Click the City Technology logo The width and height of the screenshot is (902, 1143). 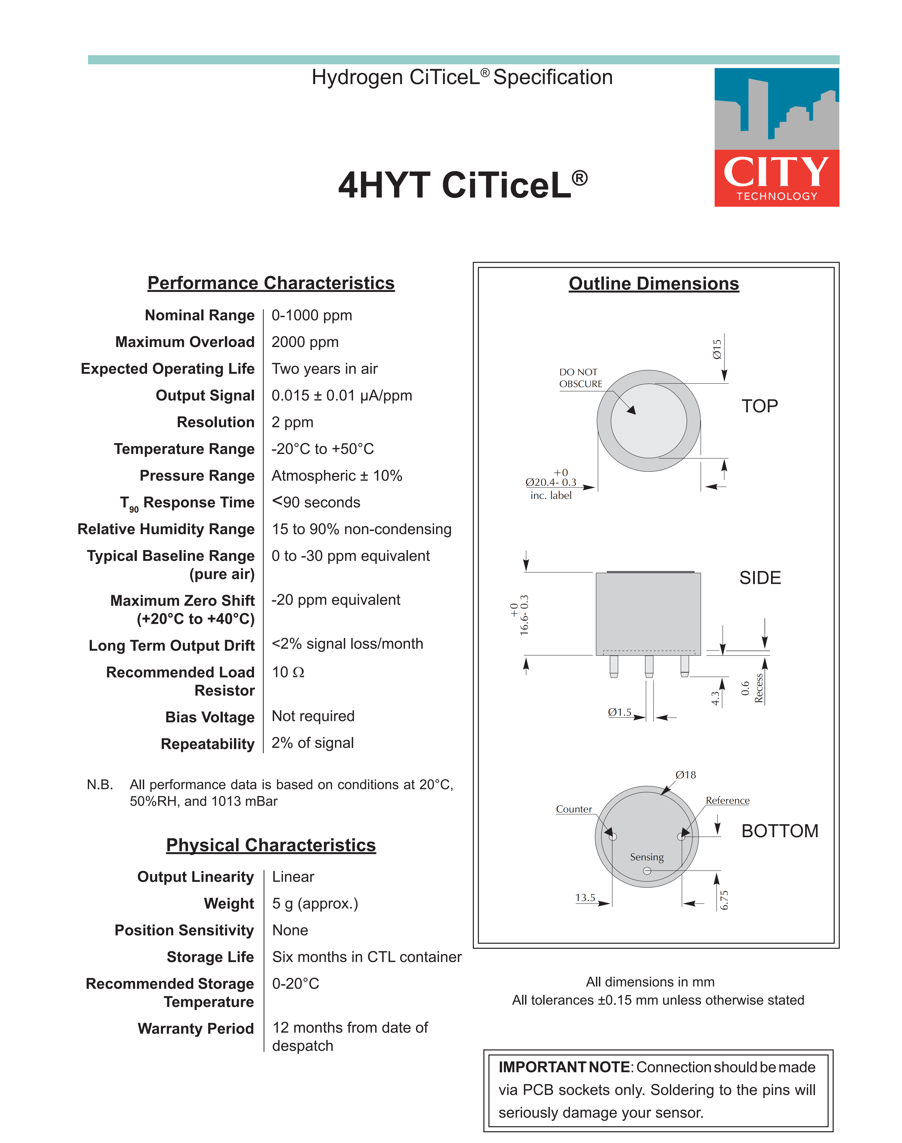(776, 137)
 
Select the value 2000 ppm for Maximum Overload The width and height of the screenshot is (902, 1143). (305, 342)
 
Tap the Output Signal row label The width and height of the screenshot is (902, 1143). (205, 395)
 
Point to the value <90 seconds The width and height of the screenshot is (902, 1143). (316, 502)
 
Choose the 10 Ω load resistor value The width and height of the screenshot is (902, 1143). (288, 672)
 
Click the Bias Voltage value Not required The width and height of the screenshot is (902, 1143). (313, 716)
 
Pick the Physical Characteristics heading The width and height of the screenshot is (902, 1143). (271, 845)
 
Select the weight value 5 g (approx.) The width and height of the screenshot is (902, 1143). (315, 903)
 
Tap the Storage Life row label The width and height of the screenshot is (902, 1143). (210, 957)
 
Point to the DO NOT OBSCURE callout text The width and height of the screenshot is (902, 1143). (580, 378)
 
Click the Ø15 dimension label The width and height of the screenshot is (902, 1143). (717, 349)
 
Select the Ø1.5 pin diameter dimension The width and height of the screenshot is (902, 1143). (619, 712)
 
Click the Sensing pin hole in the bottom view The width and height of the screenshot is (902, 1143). (647, 871)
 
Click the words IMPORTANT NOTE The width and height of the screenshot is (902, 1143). (564, 1067)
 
